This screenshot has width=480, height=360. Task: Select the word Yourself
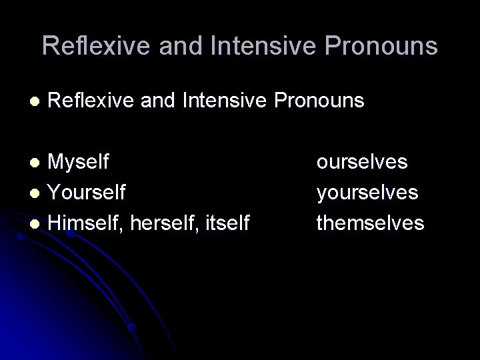[87, 192]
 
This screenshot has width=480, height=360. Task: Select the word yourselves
[367, 192]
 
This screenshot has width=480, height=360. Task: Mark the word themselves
[370, 223]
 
